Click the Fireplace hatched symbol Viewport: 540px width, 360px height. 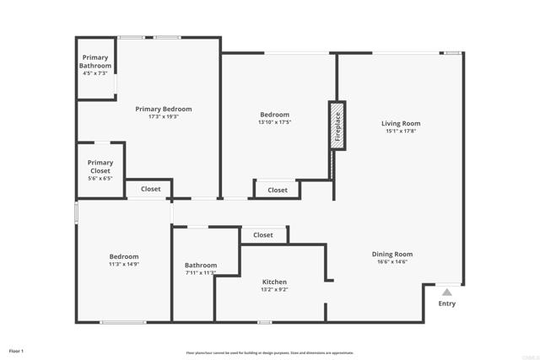click(x=337, y=126)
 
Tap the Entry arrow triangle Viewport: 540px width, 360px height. click(x=447, y=293)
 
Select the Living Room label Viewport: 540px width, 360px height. click(x=401, y=124)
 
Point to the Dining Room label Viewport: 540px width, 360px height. click(x=392, y=254)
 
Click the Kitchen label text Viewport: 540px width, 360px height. click(x=274, y=282)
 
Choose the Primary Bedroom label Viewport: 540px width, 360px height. click(x=164, y=109)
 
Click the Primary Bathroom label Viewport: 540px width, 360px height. click(x=95, y=62)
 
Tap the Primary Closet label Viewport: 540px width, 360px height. click(x=100, y=167)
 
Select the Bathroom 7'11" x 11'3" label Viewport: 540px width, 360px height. click(x=201, y=265)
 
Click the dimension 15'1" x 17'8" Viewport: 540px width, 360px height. click(x=401, y=132)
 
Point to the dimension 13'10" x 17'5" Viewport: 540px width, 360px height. click(x=274, y=122)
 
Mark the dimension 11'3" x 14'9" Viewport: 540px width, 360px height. click(x=123, y=265)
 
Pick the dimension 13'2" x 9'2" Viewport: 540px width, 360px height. click(x=274, y=289)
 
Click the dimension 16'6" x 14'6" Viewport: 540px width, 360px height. click(x=392, y=261)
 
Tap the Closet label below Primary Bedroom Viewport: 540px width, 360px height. click(x=150, y=190)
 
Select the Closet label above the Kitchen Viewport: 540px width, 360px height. click(x=263, y=235)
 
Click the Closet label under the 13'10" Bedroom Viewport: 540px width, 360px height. click(x=278, y=191)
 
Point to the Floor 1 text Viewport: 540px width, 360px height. click(x=17, y=350)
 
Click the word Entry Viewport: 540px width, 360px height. click(x=447, y=304)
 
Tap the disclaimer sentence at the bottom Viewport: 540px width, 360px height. click(x=270, y=353)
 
